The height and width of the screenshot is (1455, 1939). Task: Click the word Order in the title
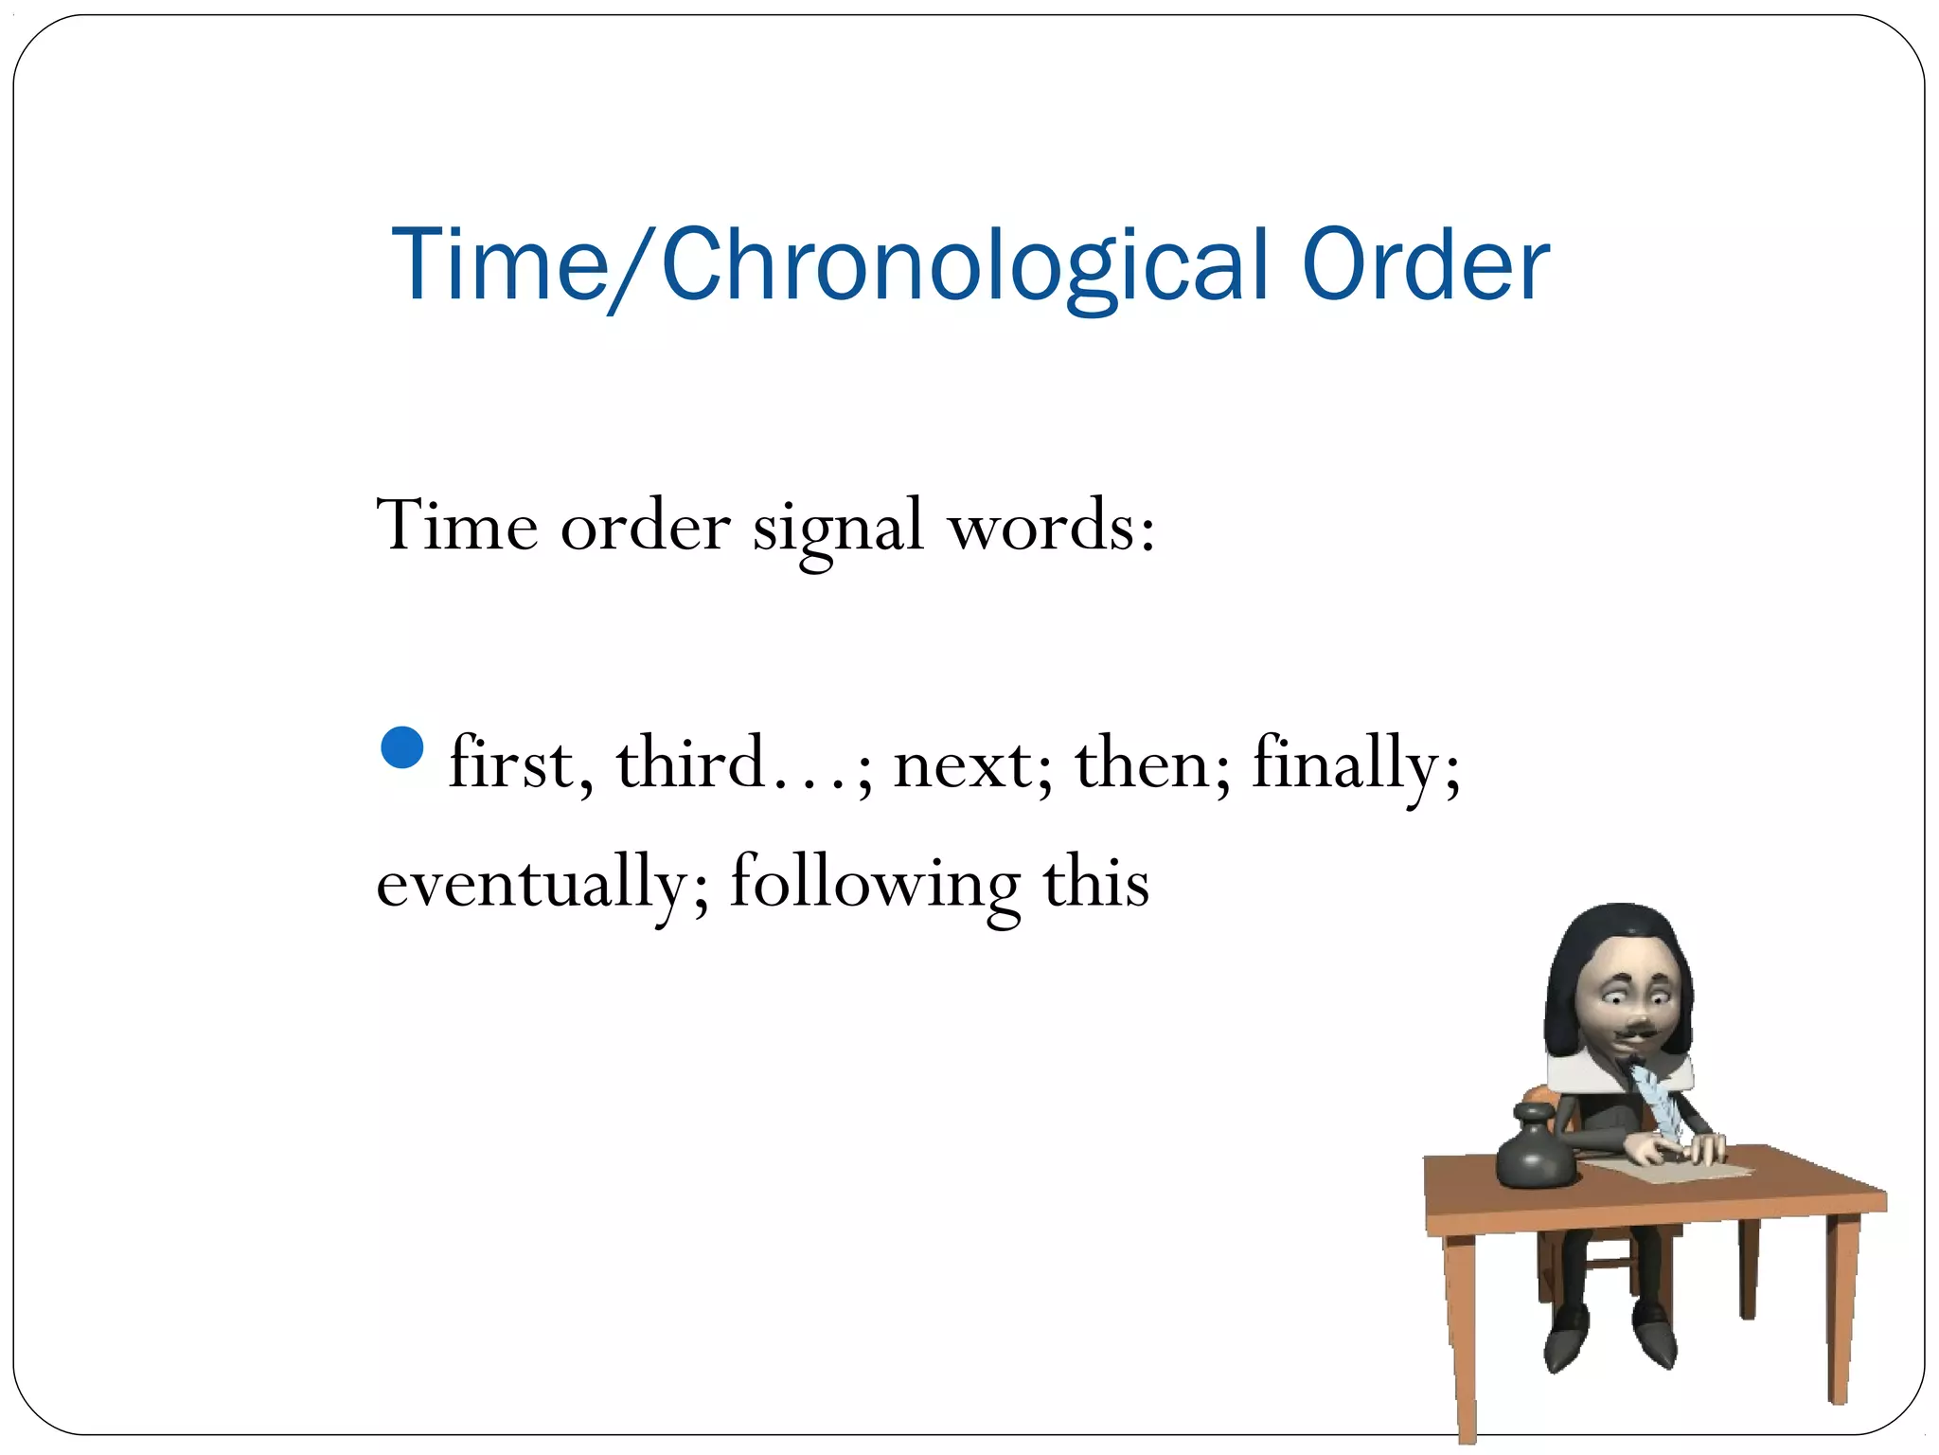(x=1425, y=265)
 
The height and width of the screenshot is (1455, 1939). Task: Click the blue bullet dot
(x=402, y=747)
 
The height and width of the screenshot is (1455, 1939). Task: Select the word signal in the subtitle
(x=838, y=527)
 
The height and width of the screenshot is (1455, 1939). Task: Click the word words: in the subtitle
(x=1051, y=527)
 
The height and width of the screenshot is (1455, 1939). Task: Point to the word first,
(x=521, y=763)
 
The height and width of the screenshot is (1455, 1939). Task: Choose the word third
(x=691, y=763)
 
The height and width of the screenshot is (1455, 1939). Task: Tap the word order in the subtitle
(x=645, y=527)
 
